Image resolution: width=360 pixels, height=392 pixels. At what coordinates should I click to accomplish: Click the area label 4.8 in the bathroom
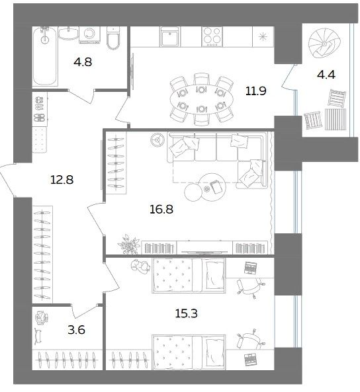(83, 61)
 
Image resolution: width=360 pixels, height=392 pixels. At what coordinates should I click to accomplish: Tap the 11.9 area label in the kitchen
(255, 91)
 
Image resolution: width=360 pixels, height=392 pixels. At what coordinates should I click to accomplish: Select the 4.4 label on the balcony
(326, 75)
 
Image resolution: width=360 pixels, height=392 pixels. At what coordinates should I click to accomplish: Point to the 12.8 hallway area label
(62, 180)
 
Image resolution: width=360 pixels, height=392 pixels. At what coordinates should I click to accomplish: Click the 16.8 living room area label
(161, 209)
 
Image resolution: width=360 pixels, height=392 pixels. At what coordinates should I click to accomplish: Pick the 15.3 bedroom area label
(186, 313)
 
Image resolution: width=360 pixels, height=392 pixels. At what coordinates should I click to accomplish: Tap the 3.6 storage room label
(76, 330)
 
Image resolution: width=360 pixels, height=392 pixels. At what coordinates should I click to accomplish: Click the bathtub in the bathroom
(45, 56)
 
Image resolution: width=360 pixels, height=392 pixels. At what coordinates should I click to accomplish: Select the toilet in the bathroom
(113, 38)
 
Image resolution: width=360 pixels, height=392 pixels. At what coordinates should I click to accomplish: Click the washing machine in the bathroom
(89, 35)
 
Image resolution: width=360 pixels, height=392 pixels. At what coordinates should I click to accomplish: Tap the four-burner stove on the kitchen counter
(212, 37)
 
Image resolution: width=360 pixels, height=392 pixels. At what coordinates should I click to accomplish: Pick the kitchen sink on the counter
(169, 37)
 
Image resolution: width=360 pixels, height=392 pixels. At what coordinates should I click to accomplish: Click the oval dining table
(202, 99)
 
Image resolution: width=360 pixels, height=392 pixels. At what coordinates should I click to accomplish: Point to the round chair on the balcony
(324, 44)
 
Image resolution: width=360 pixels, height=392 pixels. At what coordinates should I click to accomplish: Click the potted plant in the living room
(128, 244)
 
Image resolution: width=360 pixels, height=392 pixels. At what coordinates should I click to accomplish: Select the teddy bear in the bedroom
(141, 266)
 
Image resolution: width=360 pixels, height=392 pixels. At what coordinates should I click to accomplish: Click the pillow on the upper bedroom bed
(214, 275)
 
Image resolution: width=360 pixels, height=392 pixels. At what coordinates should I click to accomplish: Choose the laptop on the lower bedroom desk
(249, 359)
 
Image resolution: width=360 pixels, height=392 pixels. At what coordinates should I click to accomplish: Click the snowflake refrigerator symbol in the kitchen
(263, 37)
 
